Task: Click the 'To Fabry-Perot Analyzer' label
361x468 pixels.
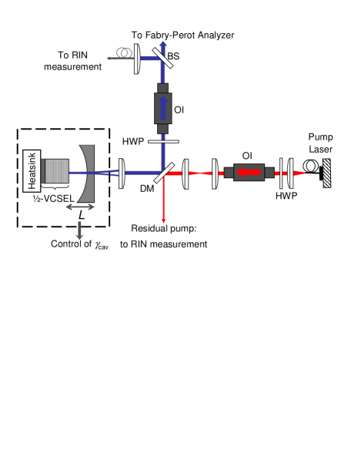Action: click(x=182, y=35)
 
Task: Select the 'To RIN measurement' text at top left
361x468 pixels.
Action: click(x=80, y=61)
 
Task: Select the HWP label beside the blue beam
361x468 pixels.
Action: click(x=132, y=141)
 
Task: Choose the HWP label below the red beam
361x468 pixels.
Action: click(x=286, y=197)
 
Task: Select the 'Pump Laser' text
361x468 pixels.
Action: click(x=321, y=142)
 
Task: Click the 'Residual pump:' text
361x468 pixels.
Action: click(x=164, y=228)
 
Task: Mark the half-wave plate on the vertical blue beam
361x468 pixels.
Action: click(x=162, y=142)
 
